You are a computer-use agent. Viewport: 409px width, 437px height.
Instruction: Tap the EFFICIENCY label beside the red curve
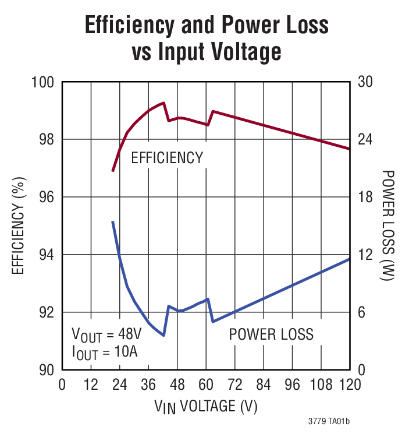coord(167,157)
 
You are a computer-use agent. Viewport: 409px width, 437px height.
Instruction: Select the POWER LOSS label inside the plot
coord(271,334)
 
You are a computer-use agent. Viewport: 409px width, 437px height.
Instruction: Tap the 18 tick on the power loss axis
coord(364,198)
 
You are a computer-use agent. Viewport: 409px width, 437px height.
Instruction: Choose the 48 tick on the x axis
coord(177,385)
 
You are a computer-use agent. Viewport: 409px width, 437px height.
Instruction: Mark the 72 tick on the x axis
coord(234,385)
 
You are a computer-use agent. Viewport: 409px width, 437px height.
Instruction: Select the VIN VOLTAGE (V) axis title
coord(206,406)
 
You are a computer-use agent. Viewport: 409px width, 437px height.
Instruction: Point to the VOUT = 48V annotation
coord(107,335)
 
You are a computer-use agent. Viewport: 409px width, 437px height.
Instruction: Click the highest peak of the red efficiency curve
coord(164,103)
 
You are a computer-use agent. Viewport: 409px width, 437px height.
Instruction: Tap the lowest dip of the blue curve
coord(164,336)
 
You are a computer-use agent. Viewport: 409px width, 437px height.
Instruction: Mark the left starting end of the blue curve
coord(113,221)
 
